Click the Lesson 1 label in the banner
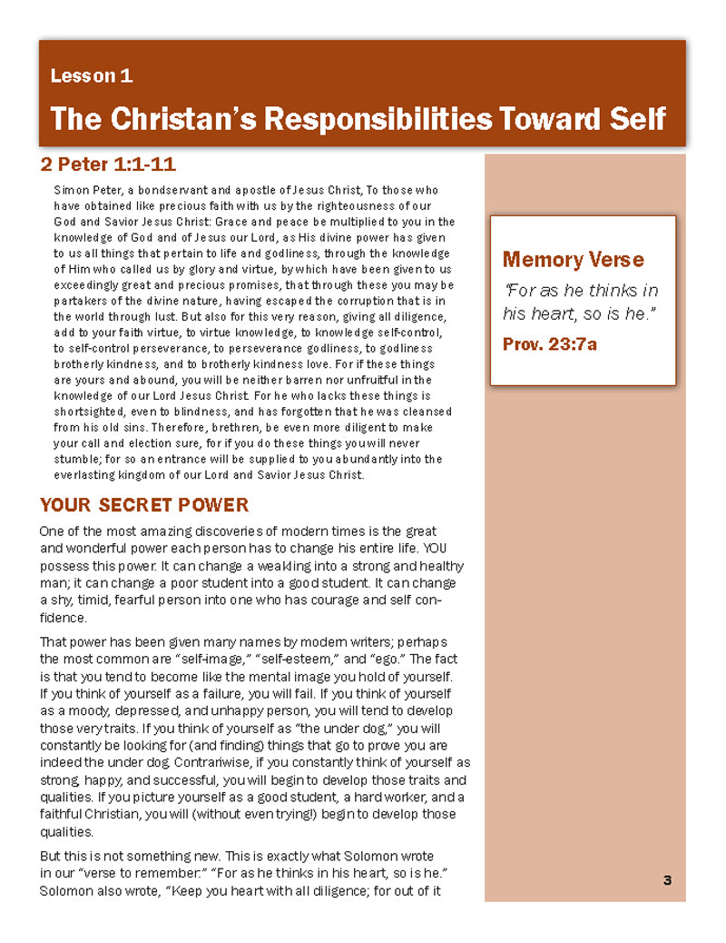(92, 76)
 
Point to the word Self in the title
(633, 119)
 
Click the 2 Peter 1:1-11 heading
(108, 164)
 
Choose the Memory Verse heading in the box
(573, 260)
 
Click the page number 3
(667, 879)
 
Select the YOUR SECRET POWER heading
(144, 505)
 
